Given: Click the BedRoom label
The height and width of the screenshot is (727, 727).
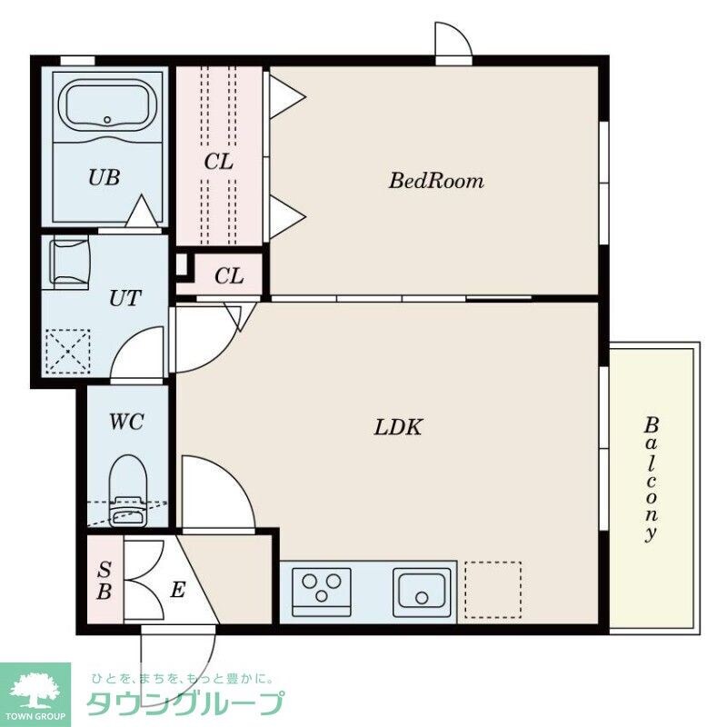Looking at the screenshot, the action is pos(436,180).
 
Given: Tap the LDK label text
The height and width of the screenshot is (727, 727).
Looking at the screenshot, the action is pos(398,427).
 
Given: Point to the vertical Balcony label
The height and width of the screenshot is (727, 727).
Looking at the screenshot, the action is pos(651,480).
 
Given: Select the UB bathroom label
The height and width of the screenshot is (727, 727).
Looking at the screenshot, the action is pos(105,177).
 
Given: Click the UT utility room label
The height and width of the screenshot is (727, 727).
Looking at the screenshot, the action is pos(124,298).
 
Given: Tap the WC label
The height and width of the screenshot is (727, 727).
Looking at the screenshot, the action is pos(126,422).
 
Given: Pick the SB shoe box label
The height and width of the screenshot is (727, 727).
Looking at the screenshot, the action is pos(105,580).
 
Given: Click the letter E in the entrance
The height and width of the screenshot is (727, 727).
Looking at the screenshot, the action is pos(178,590).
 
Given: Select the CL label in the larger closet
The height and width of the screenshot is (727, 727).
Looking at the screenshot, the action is pos(218,162).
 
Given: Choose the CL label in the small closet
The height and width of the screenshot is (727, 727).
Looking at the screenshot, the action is pos(229,276).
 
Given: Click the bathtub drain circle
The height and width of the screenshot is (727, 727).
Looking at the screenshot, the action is pos(107,120).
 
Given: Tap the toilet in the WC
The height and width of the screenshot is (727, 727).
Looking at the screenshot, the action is pos(128,492).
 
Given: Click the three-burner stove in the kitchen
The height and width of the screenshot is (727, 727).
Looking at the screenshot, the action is pos(322,593).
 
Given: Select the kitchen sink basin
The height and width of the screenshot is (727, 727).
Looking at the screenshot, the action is pos(422,593).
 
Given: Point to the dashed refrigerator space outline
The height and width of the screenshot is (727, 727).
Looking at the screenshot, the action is pos(493,590).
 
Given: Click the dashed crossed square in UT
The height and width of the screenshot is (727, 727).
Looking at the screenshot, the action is pos(68,351).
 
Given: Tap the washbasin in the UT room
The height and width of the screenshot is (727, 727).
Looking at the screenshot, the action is pos(69,262).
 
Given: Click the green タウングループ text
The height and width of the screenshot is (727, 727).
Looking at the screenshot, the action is pos(185,703).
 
